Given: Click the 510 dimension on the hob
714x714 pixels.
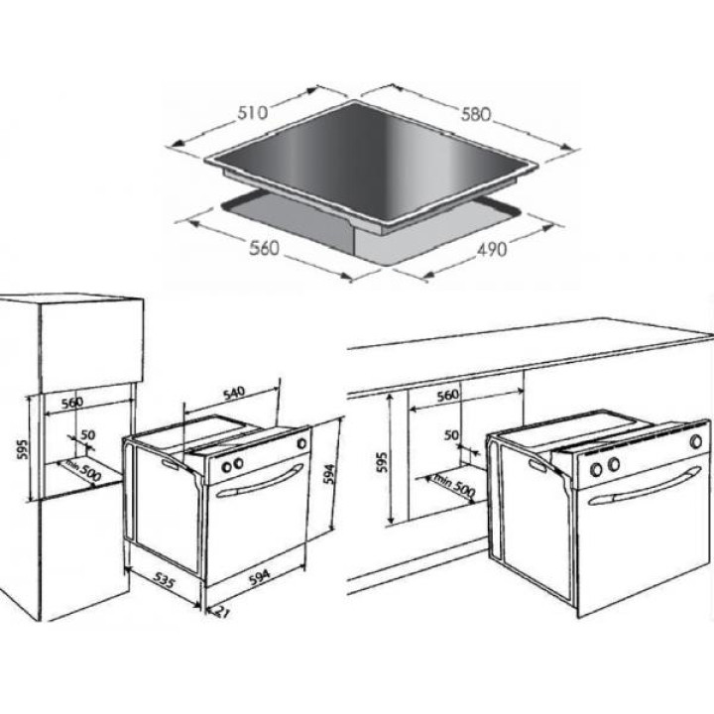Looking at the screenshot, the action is tap(253, 112).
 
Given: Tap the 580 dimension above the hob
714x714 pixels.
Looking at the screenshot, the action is tap(476, 114).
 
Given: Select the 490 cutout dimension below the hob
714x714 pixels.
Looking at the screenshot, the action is tap(492, 249).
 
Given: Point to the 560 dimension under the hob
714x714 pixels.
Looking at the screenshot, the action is tap(264, 248).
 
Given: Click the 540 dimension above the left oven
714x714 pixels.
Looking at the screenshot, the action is tap(234, 394).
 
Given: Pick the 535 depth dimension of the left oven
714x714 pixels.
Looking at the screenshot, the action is tap(163, 580).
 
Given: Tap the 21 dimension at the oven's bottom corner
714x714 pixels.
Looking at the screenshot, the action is tap(220, 612).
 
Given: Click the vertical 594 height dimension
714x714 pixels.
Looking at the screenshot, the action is tap(330, 474).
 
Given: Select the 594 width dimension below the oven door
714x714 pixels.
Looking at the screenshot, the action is tap(260, 577).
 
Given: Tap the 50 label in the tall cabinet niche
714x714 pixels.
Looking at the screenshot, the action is tap(88, 435).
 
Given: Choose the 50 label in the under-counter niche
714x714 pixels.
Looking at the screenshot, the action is tap(451, 435).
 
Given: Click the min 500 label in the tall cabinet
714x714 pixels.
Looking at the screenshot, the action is tap(83, 471).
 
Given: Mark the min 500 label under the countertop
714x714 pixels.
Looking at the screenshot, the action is tap(454, 485).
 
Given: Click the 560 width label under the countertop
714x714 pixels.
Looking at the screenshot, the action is tap(447, 396).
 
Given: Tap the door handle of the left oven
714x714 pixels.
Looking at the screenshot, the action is tap(260, 481).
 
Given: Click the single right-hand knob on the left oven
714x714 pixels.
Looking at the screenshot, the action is tap(301, 442).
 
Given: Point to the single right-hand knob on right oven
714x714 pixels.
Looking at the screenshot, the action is tap(696, 440).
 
